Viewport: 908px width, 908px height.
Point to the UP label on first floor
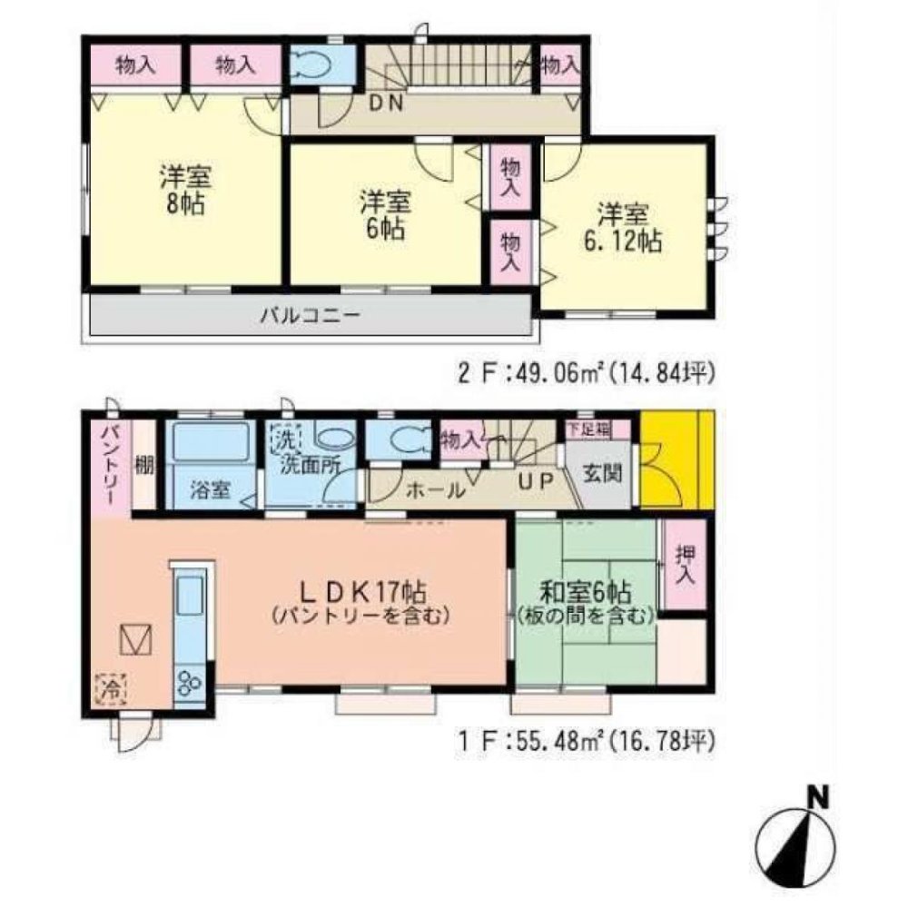534,483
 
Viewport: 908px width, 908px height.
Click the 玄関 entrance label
598,472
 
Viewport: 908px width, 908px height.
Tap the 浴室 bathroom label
209,489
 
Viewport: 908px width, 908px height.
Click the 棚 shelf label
143,465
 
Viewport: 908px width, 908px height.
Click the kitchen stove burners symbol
192,682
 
